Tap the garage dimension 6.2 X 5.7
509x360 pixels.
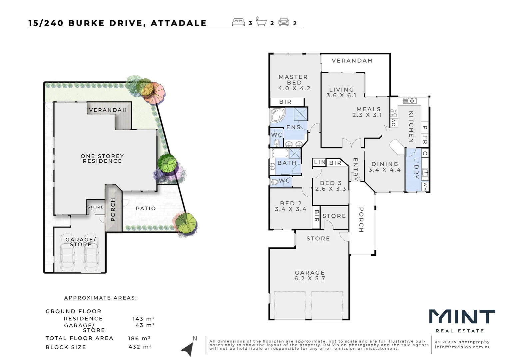[309, 278]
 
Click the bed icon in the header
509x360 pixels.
[239, 22]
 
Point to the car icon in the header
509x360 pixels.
[284, 22]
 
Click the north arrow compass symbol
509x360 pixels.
[188, 349]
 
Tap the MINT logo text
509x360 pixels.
[462, 317]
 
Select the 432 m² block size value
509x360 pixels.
[140, 347]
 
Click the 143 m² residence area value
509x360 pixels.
[143, 319]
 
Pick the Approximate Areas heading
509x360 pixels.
[100, 298]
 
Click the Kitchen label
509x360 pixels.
[411, 127]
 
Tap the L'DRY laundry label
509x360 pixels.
[416, 168]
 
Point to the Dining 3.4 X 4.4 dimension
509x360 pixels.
[384, 170]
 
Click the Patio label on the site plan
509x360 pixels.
[146, 209]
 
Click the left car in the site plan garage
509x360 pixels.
[67, 253]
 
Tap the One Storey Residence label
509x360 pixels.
[102, 159]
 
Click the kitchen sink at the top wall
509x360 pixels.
[410, 101]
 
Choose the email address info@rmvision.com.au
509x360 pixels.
[463, 347]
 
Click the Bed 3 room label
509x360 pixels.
[330, 183]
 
